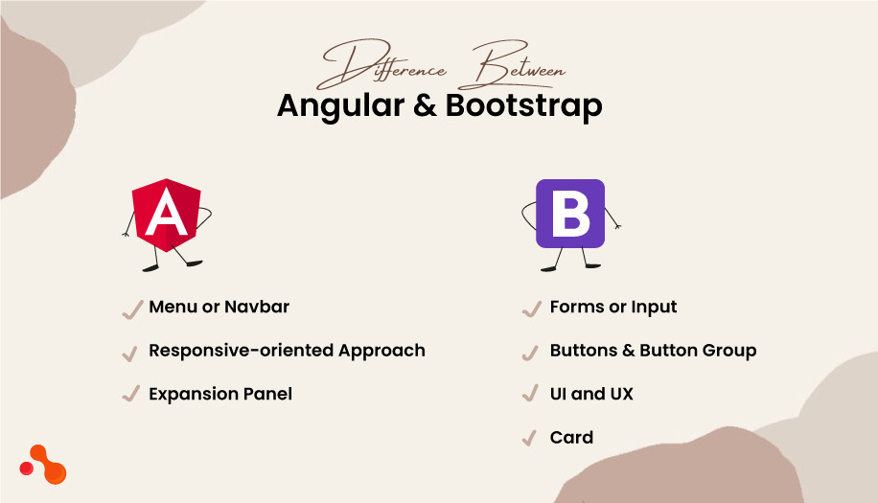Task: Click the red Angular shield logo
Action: (x=168, y=217)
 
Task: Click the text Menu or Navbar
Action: (x=219, y=308)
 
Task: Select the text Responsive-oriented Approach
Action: (x=287, y=351)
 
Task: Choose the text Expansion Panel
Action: (x=220, y=394)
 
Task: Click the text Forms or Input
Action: (x=613, y=308)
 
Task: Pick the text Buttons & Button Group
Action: (x=653, y=351)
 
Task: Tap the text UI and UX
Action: (x=591, y=394)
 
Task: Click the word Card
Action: (x=571, y=438)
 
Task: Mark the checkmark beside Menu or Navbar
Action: (x=131, y=309)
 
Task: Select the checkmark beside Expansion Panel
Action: (x=131, y=395)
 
